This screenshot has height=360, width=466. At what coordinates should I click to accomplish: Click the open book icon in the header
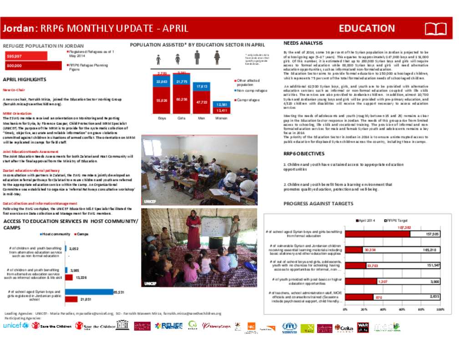pyautogui.click(x=436, y=29)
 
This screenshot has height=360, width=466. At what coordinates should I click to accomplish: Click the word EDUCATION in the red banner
pyautogui.click(x=367, y=28)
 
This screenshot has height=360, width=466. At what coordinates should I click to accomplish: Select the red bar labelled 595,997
pyautogui.click(x=32, y=56)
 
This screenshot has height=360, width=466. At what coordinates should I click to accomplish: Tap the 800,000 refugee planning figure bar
pyautogui.click(x=32, y=66)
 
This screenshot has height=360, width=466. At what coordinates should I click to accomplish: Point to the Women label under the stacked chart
pyautogui.click(x=221, y=118)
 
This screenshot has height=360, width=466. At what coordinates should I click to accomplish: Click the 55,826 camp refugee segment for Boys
pyautogui.click(x=162, y=100)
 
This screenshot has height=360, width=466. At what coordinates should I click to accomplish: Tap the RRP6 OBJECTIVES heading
pyautogui.click(x=304, y=154)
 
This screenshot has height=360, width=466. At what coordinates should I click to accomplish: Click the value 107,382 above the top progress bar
pyautogui.click(x=404, y=227)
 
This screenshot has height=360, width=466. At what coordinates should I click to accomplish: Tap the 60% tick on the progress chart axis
pyautogui.click(x=402, y=309)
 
